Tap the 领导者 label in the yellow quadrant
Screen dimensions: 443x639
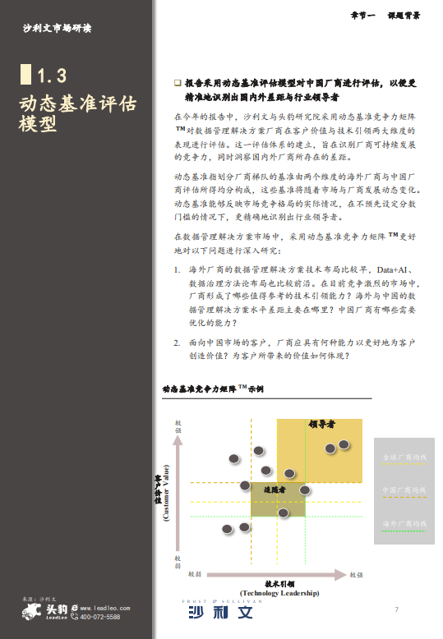click(321, 425)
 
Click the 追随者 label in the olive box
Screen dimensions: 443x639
click(274, 490)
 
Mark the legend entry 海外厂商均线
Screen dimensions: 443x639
click(405, 523)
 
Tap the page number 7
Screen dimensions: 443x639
click(396, 609)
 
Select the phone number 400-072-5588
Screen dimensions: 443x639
click(100, 617)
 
